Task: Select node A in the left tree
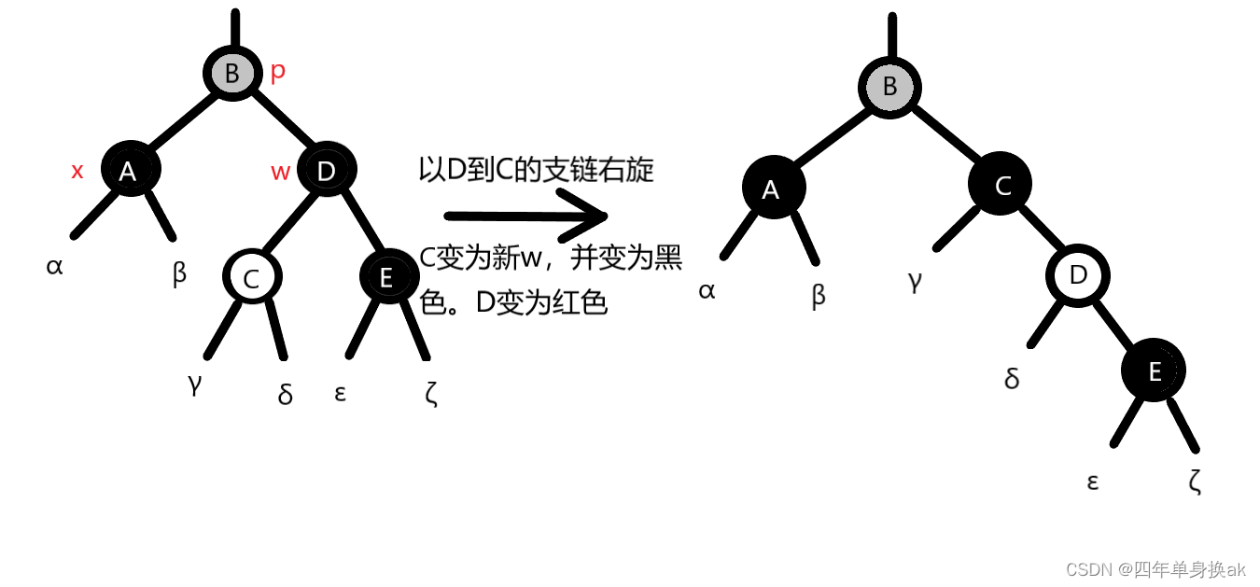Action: pos(129,170)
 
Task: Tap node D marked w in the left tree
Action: pos(326,171)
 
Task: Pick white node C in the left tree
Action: pos(251,277)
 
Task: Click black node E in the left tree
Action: pos(386,276)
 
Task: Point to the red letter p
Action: pos(277,73)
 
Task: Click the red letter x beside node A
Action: pos(77,171)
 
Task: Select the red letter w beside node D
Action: pos(280,172)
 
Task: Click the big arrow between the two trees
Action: pos(526,217)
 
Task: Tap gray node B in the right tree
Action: pos(889,87)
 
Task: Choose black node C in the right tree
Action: pos(1002,186)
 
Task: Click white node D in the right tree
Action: pos(1078,275)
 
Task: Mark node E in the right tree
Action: pos(1155,371)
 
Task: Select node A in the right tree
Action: pos(770,189)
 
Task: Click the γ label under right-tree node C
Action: pos(915,280)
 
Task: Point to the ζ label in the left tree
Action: pos(430,394)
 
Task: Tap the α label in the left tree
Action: pos(54,266)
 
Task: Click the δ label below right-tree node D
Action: pos(1012,378)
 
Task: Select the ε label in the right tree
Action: pos(1092,482)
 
